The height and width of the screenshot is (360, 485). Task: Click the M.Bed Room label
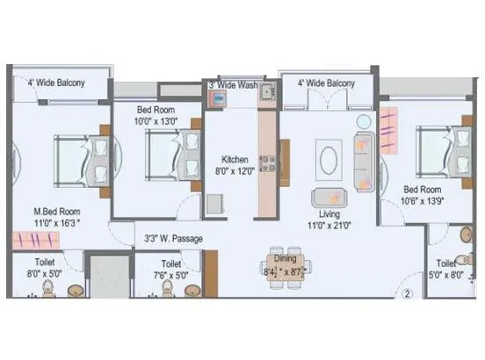pos(56,212)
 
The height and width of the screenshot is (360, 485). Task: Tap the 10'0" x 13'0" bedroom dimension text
pos(155,122)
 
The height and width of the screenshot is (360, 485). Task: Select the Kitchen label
pos(235,159)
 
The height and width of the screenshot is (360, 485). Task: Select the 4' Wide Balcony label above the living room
pos(326,83)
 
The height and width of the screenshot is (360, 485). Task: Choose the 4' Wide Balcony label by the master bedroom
pos(55,83)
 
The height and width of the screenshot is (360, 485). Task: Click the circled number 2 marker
pos(408,294)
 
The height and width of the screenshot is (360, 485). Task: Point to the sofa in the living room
pos(362,160)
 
